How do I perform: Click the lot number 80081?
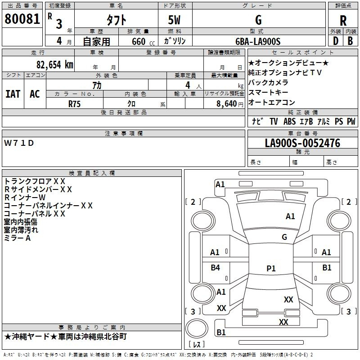22,19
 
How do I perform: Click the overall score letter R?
343,21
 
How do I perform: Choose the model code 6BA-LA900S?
258,41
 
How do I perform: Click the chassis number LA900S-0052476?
302,143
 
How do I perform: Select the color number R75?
75,103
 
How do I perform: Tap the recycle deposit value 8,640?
229,103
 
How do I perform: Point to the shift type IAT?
13,94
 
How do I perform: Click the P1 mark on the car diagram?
271,268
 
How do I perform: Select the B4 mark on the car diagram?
216,268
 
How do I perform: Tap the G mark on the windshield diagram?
284,237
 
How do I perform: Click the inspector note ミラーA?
18,238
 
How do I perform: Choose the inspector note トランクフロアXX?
35,181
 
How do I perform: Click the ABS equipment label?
289,121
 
